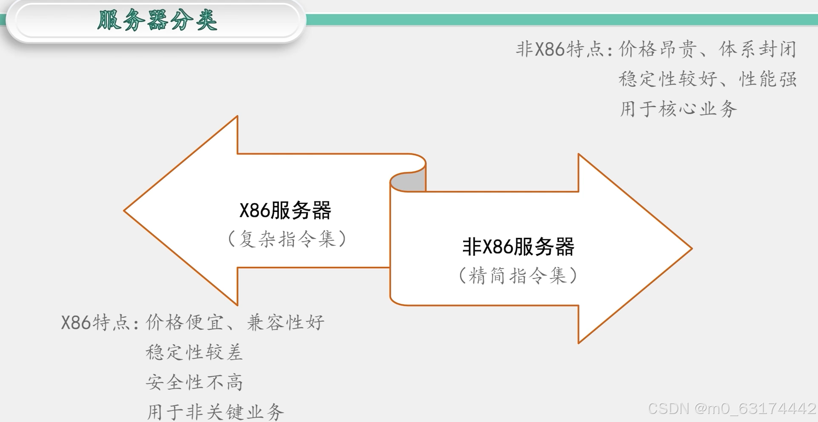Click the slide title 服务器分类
157,20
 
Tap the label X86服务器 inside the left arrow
285,211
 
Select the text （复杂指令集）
287,239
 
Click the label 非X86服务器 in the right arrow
518,247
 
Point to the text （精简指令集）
517,275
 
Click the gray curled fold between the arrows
410,182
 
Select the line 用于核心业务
678,109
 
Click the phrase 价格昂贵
657,50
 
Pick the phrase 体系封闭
757,50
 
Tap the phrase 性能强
768,79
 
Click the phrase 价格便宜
184,322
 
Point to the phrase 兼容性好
285,322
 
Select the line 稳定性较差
194,352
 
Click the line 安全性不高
194,382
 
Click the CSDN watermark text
732,409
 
